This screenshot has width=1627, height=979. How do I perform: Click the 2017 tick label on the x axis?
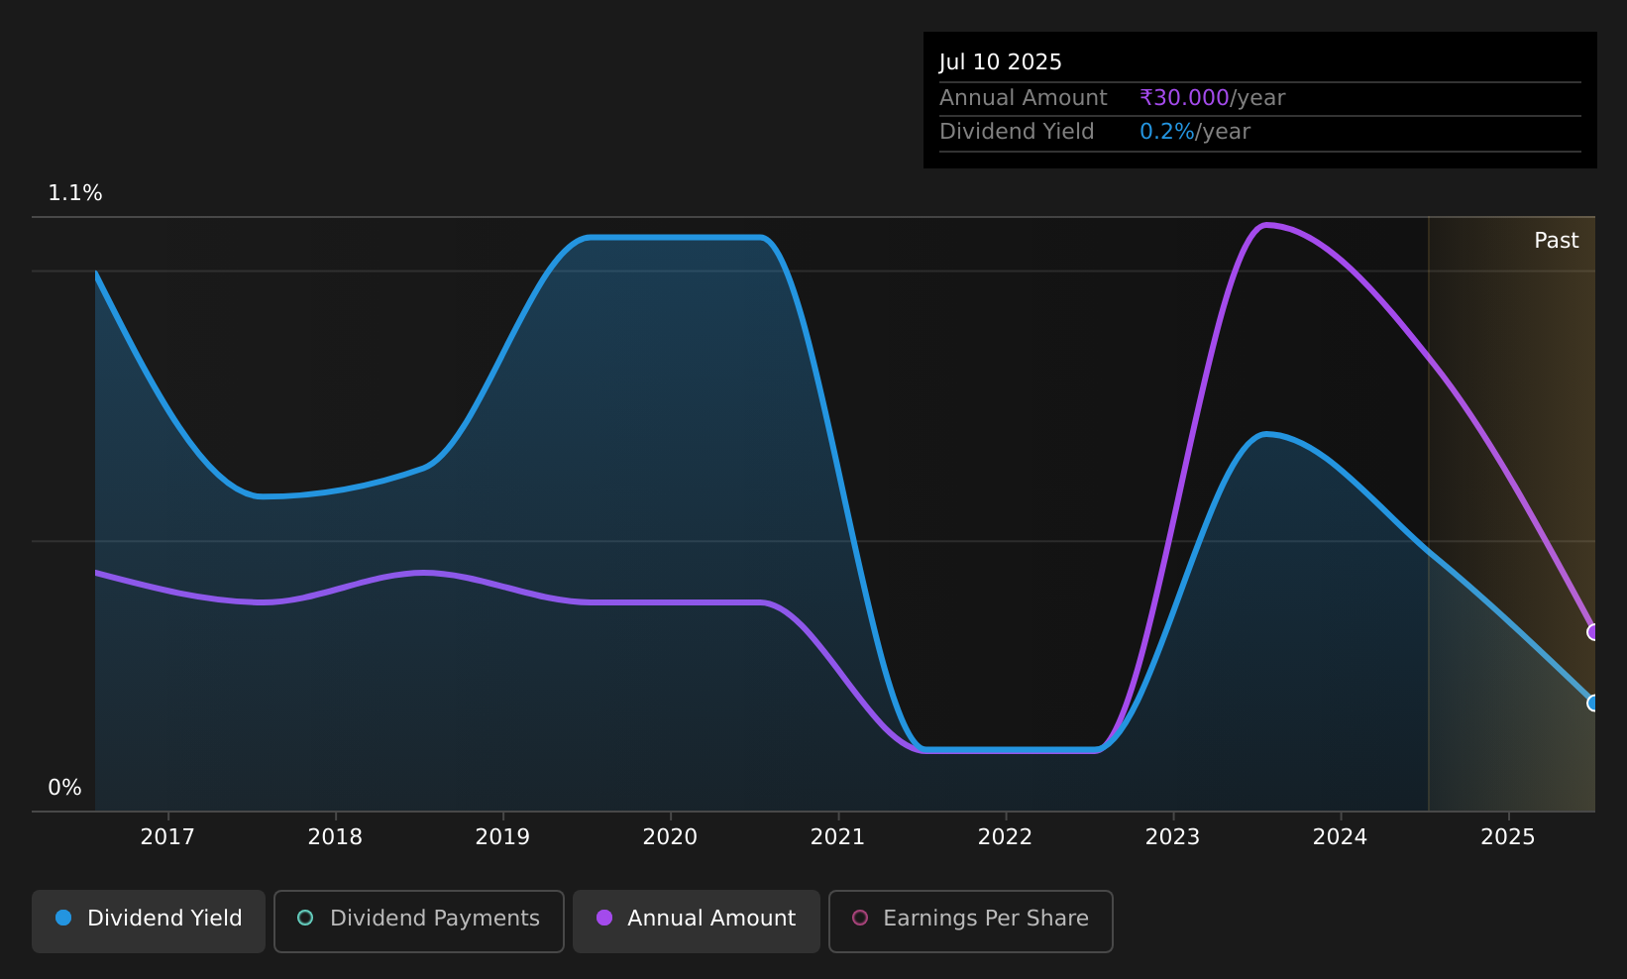coord(167,836)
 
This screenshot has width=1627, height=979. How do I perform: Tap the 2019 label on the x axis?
coord(502,836)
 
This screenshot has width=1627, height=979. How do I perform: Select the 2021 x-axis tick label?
coord(837,836)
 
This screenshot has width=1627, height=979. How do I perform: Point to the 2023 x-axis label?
coord(1172,836)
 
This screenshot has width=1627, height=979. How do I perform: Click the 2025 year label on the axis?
coord(1508,836)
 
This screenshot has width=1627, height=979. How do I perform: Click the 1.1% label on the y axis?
coord(75,193)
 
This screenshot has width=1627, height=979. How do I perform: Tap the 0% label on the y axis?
coord(64,788)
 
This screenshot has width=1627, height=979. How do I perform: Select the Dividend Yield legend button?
coord(149,921)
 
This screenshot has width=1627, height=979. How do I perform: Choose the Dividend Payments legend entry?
coord(419,921)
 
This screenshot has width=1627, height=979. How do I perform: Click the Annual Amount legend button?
coord(696,921)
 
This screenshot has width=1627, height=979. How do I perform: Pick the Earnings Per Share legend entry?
coord(970,921)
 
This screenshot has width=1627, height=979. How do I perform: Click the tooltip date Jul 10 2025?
coord(1000,62)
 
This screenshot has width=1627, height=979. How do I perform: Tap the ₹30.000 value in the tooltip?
coord(1184,97)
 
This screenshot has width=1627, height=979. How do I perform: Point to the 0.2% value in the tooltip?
coord(1166,132)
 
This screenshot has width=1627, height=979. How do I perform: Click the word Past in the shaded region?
coord(1556,241)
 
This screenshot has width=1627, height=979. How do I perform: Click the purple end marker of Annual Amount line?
coord(1593,632)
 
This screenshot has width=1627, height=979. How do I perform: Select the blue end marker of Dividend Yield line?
coord(1593,703)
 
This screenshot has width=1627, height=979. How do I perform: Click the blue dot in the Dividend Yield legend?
coord(64,918)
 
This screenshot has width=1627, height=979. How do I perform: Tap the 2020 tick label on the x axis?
coord(670,836)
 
